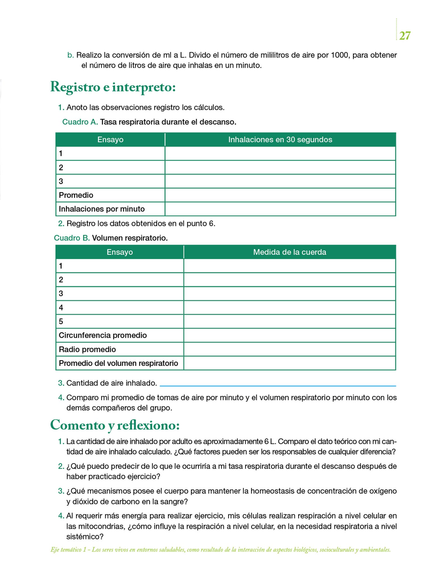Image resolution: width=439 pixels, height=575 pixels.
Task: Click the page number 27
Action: [404, 36]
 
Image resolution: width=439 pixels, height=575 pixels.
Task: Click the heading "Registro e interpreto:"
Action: [113, 87]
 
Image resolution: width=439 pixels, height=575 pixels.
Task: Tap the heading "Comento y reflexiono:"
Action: [115, 425]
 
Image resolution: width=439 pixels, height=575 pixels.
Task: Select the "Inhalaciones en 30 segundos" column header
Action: [280, 140]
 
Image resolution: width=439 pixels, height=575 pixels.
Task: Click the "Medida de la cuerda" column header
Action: [289, 252]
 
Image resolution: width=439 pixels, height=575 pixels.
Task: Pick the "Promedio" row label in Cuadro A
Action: [76, 195]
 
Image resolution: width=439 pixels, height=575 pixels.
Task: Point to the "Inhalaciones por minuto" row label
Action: [102, 209]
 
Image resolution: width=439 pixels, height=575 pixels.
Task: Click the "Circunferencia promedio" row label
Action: [103, 335]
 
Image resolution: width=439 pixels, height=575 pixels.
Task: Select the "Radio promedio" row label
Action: [87, 349]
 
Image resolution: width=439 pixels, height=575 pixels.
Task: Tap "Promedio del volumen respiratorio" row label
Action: [118, 363]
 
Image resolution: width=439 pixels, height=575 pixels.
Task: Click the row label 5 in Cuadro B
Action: [61, 321]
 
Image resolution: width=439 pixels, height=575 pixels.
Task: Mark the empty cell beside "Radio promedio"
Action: [289, 349]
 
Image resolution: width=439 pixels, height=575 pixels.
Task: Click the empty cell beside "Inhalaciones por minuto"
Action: [280, 209]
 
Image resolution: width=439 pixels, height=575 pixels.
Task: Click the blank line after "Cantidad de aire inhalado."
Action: [278, 384]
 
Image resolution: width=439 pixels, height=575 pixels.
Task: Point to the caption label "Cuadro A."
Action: [80, 122]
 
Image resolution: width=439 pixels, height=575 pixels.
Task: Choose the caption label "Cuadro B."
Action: [72, 238]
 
